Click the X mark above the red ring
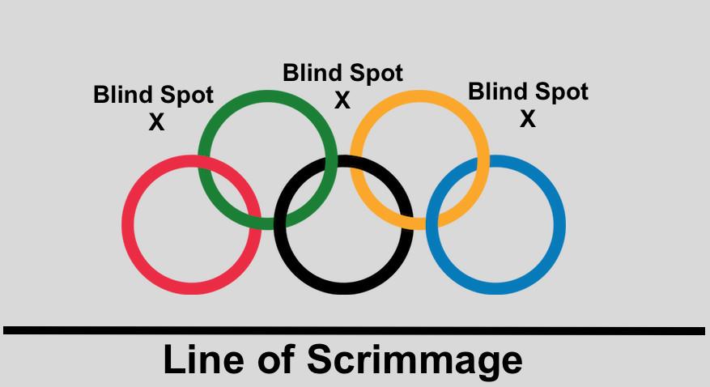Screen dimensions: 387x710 point(156,123)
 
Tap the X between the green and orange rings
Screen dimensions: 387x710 point(342,100)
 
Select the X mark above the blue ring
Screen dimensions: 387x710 point(527,119)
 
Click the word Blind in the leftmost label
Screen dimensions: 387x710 point(122,95)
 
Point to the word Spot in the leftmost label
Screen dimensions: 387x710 point(185,96)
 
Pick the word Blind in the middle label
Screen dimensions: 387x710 point(312,73)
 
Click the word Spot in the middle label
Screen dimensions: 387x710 point(373,74)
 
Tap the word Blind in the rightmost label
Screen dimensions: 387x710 point(497,91)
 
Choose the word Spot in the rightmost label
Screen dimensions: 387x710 point(559,92)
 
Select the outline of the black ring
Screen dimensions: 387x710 point(343,288)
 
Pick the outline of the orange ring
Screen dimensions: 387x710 point(419,96)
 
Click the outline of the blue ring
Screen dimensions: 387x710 point(559,225)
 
